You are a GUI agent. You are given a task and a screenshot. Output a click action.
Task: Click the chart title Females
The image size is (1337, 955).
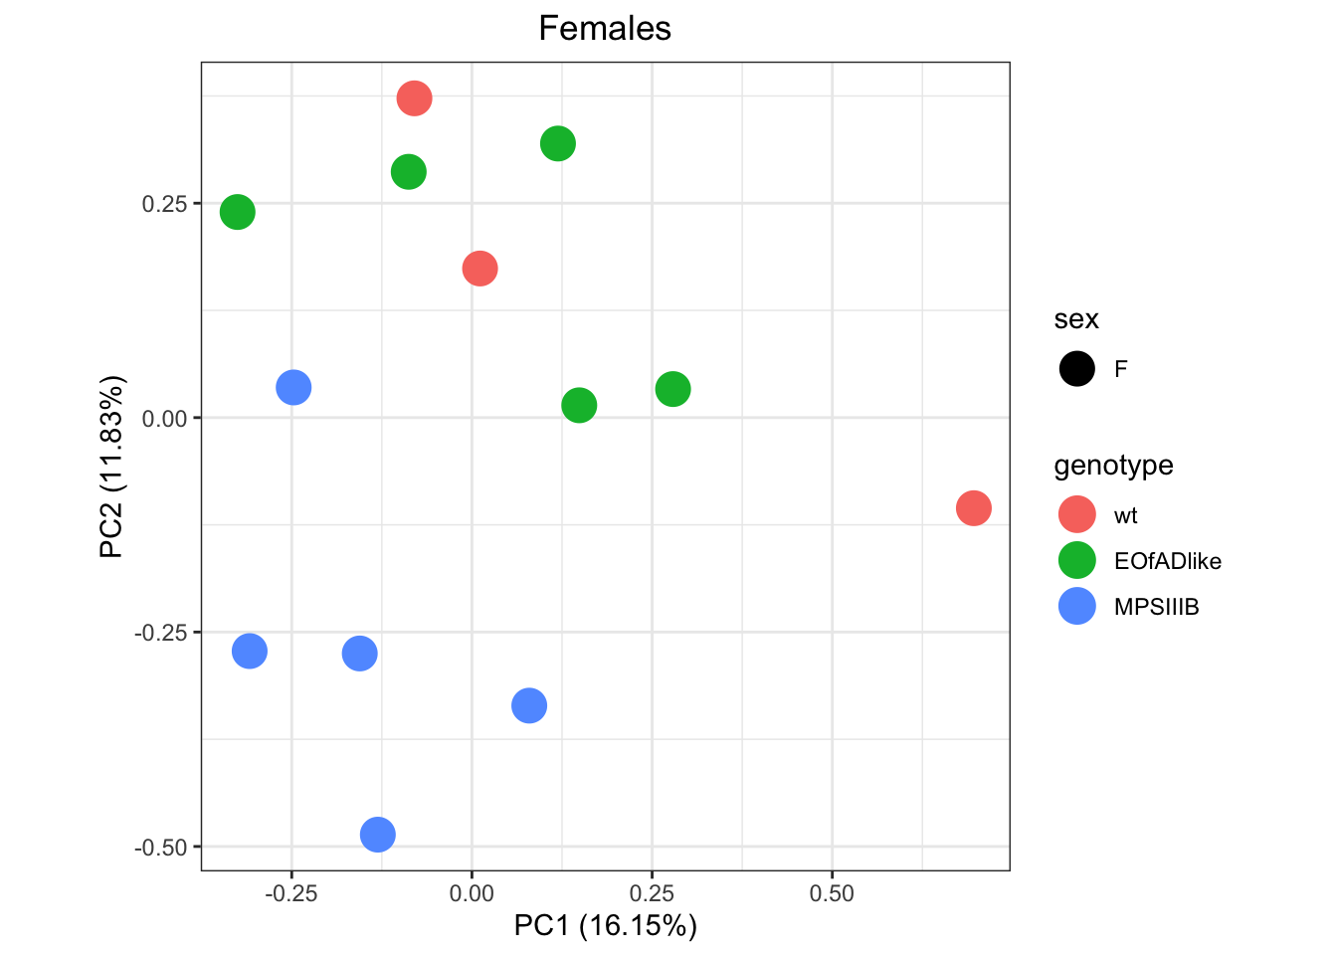point(605,29)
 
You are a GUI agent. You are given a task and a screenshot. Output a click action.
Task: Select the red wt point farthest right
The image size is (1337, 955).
point(973,508)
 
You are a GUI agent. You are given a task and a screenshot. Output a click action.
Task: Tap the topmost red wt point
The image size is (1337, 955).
point(414,98)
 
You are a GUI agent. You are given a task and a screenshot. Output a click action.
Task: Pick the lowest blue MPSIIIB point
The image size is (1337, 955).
point(377,834)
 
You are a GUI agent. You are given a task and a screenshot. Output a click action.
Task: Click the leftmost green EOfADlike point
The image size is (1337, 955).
point(237,212)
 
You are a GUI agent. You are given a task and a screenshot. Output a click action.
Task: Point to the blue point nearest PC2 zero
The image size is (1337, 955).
point(293,387)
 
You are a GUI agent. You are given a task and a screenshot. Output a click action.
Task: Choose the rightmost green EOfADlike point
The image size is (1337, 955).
point(672,389)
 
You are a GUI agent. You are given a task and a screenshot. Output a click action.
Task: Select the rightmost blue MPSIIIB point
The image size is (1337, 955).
point(529,705)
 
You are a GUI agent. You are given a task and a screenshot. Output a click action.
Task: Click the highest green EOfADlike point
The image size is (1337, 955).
point(558,143)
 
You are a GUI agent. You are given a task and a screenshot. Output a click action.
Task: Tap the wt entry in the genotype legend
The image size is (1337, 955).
point(1125,515)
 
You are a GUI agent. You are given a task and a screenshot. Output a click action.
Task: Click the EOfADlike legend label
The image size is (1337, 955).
point(1167,561)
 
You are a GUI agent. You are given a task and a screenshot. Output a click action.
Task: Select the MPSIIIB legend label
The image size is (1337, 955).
point(1156,607)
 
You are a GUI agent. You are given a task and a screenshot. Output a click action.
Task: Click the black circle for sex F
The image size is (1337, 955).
point(1077,369)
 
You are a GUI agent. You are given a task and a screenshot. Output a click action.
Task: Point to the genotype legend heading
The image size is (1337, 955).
point(1113,466)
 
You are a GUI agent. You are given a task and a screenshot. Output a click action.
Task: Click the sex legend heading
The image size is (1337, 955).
point(1076,319)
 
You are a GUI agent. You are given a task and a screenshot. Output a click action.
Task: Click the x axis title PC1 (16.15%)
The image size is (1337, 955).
point(605,926)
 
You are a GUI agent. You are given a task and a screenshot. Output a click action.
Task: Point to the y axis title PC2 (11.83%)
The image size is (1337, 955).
point(111,467)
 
